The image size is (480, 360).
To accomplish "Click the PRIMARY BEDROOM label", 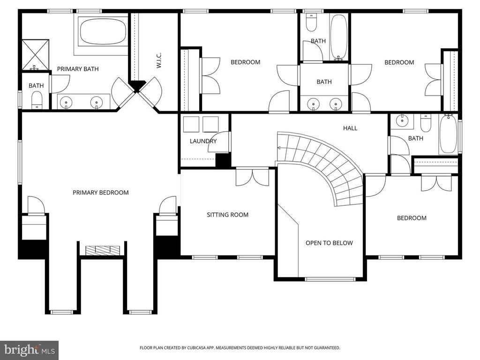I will (100, 192).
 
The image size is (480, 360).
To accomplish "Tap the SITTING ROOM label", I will (227, 215).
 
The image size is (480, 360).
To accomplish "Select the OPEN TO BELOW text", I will (329, 243).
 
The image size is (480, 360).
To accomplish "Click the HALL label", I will (350, 128).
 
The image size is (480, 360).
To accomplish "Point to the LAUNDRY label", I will (203, 141).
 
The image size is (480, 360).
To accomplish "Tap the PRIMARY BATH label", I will (78, 69).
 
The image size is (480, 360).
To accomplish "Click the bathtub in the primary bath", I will (103, 31).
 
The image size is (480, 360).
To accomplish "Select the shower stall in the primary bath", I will (35, 54).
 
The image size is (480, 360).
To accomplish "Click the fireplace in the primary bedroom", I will (102, 249).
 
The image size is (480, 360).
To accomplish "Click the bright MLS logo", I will (29, 350).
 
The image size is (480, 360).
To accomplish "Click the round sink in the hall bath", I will (402, 120).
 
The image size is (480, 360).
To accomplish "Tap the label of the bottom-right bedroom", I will (412, 218).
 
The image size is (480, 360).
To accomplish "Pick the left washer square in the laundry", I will (191, 124).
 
